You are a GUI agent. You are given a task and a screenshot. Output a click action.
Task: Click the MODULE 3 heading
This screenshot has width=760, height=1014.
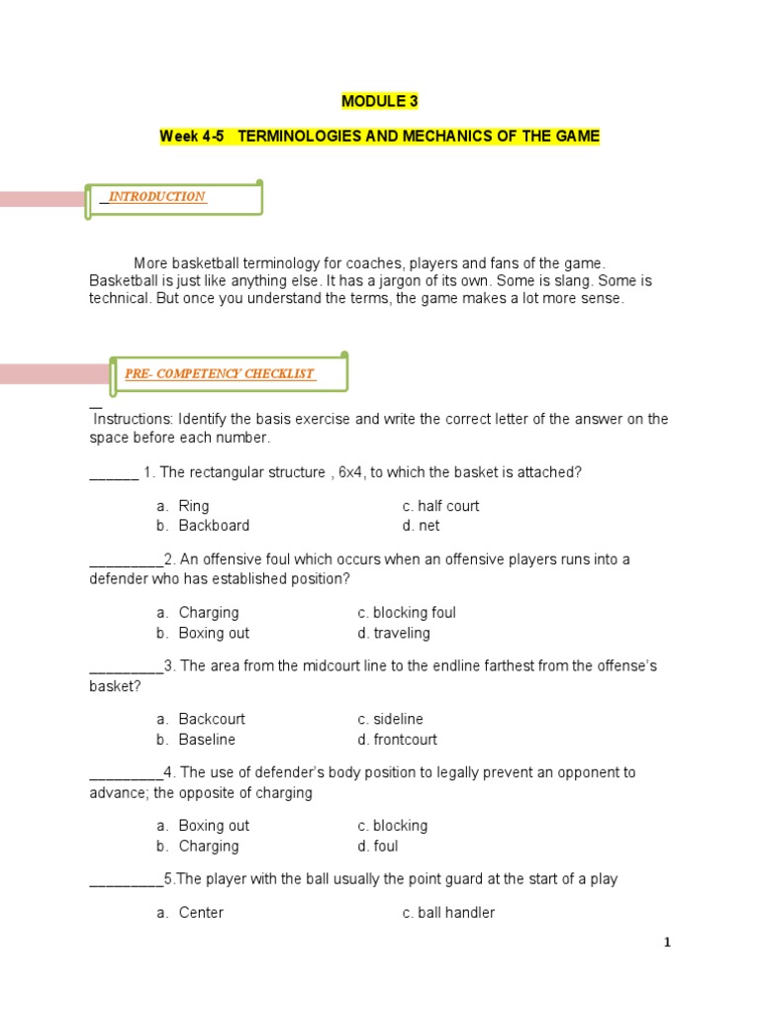click(379, 101)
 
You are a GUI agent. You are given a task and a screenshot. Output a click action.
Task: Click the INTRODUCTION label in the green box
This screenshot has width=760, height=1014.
click(156, 196)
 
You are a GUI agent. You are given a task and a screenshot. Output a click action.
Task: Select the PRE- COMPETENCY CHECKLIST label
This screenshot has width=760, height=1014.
click(220, 373)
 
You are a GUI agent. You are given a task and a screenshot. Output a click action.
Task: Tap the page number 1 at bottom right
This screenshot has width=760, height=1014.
click(667, 943)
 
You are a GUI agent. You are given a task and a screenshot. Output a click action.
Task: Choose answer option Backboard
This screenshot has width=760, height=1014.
click(214, 526)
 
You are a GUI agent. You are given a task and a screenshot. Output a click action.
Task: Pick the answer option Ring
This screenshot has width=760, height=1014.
click(194, 506)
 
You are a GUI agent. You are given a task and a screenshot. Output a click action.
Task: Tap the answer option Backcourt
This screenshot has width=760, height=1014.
click(212, 719)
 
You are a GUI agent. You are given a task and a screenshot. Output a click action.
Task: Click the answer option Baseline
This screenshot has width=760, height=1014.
click(207, 740)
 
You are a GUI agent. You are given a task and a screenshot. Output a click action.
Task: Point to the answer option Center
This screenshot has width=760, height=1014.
click(201, 913)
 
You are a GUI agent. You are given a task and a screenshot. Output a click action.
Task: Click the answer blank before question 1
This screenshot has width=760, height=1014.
click(114, 474)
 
